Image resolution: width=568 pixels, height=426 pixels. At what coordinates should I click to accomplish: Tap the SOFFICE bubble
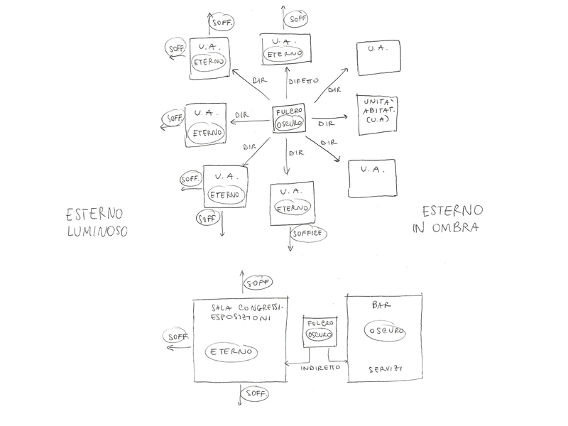309,233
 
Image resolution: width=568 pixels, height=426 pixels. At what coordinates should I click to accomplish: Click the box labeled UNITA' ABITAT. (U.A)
378,115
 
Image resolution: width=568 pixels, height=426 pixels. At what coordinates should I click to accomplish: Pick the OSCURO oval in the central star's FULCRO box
290,123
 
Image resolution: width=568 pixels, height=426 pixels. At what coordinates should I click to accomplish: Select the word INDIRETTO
319,368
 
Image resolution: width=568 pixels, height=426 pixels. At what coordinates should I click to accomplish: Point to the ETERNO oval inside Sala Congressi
231,351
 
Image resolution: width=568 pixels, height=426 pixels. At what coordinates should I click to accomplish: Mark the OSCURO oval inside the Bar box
386,332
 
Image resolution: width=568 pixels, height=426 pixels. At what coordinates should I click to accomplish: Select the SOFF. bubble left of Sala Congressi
175,336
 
